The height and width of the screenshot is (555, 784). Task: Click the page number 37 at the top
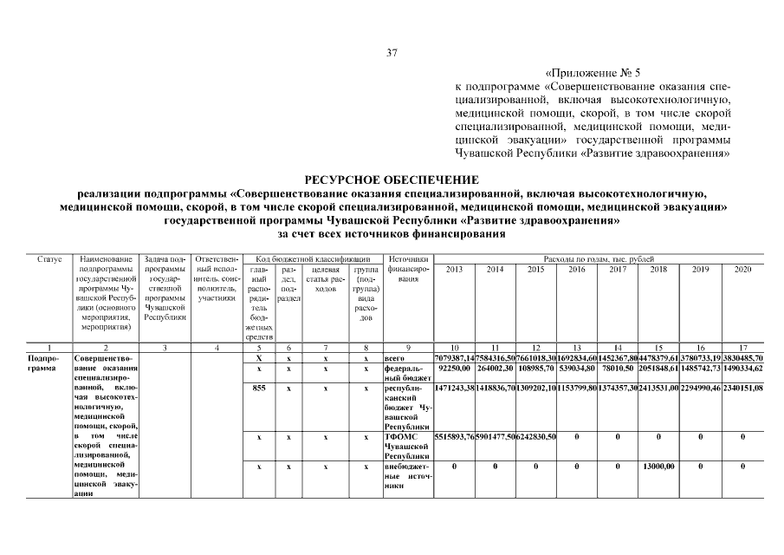pyautogui.click(x=392, y=54)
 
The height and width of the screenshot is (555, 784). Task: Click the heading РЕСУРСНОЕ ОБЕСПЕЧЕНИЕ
pyautogui.click(x=392, y=179)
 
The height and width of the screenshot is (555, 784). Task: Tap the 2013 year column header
pyautogui.click(x=454, y=270)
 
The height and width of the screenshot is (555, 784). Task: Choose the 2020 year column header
pyautogui.click(x=742, y=270)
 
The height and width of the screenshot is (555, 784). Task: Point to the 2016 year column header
pyautogui.click(x=576, y=270)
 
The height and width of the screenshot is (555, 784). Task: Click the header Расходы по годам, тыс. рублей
pyautogui.click(x=598, y=258)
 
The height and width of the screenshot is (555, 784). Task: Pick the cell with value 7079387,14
pyautogui.click(x=454, y=357)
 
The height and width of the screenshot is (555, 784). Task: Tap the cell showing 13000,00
pyautogui.click(x=658, y=467)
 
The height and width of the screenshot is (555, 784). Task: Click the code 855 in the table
pyautogui.click(x=258, y=388)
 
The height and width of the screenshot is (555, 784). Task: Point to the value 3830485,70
pyautogui.click(x=742, y=357)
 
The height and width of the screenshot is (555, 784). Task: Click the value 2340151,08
pyautogui.click(x=742, y=388)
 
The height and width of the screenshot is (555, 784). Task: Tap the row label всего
pyautogui.click(x=395, y=357)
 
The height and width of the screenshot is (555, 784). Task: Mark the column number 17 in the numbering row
pyautogui.click(x=742, y=347)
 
